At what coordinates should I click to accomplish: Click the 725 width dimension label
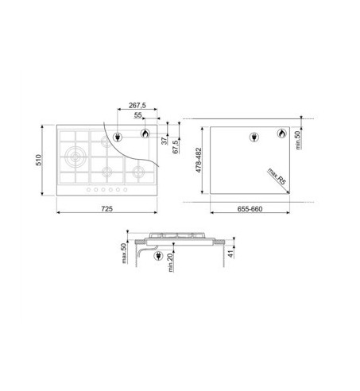point(107,209)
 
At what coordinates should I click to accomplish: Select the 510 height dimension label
point(39,160)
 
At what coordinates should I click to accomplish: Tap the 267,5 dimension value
point(137,105)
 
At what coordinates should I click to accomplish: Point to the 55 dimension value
point(138,115)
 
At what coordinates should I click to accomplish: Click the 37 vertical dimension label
point(165,141)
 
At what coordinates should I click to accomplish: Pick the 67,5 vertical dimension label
point(176,147)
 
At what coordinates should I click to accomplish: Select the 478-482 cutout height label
point(199,161)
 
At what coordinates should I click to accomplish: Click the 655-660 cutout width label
point(250,209)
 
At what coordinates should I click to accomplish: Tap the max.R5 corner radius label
point(277,176)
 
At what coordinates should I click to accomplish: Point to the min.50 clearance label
point(298,140)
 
